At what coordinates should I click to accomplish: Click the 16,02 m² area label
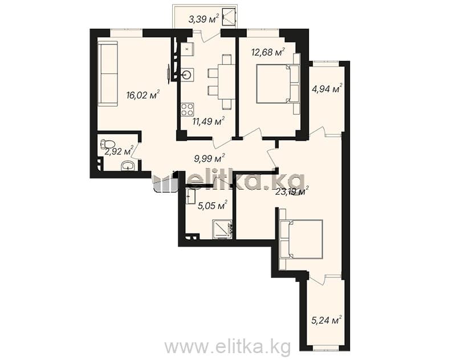pos(143,95)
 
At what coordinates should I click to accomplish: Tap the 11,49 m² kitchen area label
pos(209,121)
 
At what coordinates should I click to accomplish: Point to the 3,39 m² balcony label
pos(203,19)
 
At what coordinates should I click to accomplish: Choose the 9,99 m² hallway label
pos(209,159)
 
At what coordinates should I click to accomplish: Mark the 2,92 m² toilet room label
pos(119,151)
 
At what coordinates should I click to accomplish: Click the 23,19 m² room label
pos(292,191)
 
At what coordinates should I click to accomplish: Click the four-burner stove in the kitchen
pos(188,109)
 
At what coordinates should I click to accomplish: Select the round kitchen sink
pos(187,75)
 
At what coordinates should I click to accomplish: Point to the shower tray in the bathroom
pos(222,229)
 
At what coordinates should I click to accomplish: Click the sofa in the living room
pos(108,74)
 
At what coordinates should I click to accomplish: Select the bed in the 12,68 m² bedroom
pos(278,84)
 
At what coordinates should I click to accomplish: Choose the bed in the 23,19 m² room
pos(301,239)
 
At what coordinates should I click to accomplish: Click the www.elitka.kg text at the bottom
pos(227,346)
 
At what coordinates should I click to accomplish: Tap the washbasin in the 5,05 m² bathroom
pos(191,196)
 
